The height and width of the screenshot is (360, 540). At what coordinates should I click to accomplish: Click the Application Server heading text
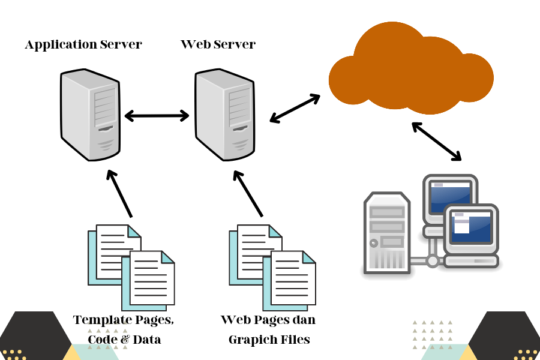click(x=83, y=45)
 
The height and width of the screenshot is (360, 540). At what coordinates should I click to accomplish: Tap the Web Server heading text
click(x=218, y=44)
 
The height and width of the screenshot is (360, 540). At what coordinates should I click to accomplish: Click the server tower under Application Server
click(x=90, y=115)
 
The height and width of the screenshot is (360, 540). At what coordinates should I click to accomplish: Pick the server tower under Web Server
click(x=225, y=115)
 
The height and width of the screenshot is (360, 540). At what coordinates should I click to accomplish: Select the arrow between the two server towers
click(x=157, y=116)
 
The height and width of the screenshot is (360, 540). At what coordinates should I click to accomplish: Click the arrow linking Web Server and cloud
click(x=295, y=108)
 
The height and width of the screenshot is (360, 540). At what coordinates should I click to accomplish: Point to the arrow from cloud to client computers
click(x=436, y=141)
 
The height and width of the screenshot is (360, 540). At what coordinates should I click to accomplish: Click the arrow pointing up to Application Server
click(x=119, y=194)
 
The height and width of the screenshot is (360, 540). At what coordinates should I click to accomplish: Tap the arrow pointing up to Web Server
click(x=248, y=194)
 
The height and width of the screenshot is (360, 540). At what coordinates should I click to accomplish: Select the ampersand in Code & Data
click(x=125, y=340)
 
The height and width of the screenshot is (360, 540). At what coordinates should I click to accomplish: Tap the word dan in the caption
click(x=304, y=320)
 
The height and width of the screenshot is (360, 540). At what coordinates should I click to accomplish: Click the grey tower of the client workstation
click(x=387, y=233)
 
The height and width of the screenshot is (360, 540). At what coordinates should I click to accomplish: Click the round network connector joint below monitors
click(x=433, y=261)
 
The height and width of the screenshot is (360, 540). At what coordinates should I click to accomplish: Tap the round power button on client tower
click(x=374, y=243)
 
